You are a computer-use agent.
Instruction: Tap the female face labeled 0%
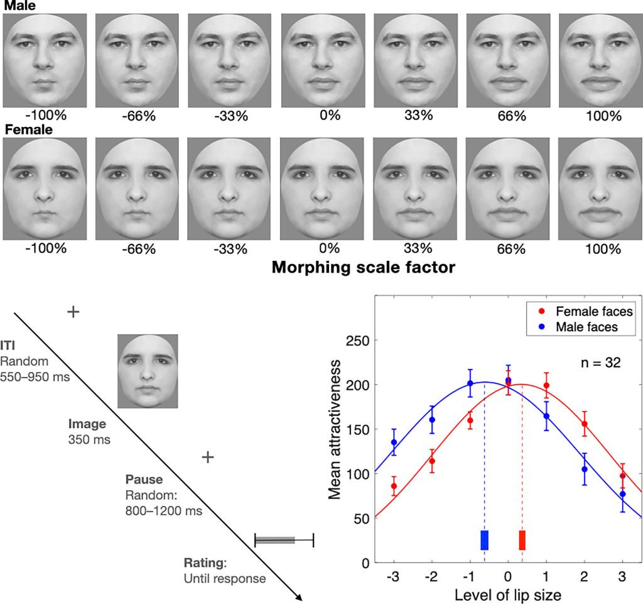click(x=321, y=188)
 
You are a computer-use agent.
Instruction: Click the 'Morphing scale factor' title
click(x=364, y=268)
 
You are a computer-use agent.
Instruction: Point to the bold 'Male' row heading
click(x=18, y=6)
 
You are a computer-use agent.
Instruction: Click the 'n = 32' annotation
click(x=599, y=363)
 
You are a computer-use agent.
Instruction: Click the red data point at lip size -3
click(x=394, y=486)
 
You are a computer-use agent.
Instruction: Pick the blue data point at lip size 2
click(x=585, y=469)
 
